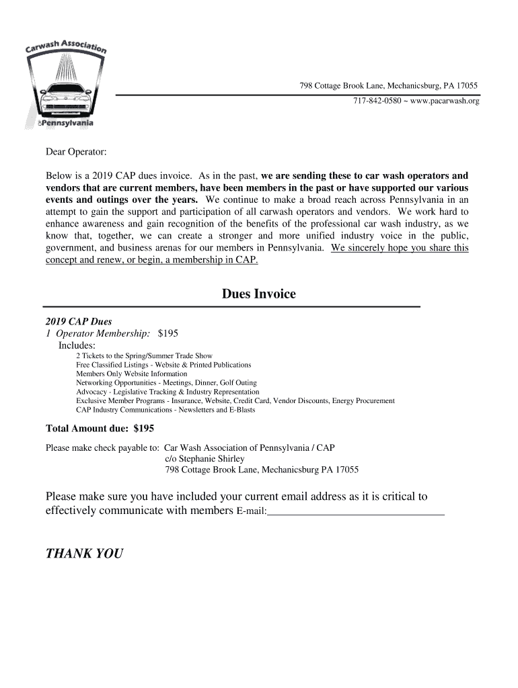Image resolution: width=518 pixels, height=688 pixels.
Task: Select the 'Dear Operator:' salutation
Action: click(76, 153)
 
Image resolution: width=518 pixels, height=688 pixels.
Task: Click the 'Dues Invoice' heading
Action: click(259, 294)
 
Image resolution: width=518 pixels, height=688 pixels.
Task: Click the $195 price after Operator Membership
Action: click(168, 333)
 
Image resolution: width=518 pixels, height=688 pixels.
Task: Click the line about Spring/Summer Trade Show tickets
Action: click(144, 355)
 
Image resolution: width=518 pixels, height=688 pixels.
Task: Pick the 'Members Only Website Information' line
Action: click(131, 374)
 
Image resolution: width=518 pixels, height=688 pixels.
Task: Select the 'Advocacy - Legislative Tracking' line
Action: click(168, 392)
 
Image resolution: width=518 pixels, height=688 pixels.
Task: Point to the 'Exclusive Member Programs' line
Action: click(235, 400)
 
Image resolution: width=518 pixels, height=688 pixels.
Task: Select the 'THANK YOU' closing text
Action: click(84, 554)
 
